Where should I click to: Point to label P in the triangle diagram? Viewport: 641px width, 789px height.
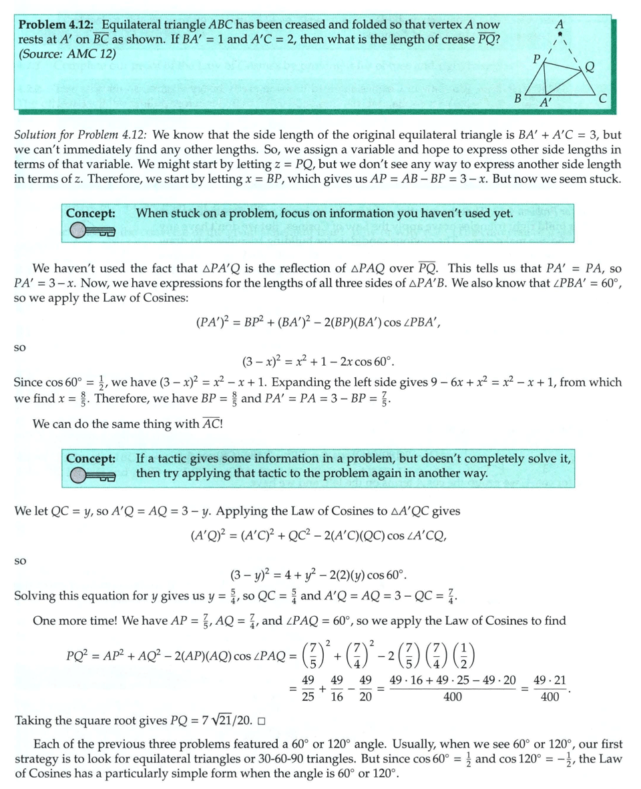pos(535,57)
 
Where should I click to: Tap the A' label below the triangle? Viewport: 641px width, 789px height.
pos(546,103)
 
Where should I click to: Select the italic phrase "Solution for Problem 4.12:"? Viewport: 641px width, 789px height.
pos(83,135)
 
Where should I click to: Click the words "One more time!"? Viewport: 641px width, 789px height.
pos(73,621)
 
